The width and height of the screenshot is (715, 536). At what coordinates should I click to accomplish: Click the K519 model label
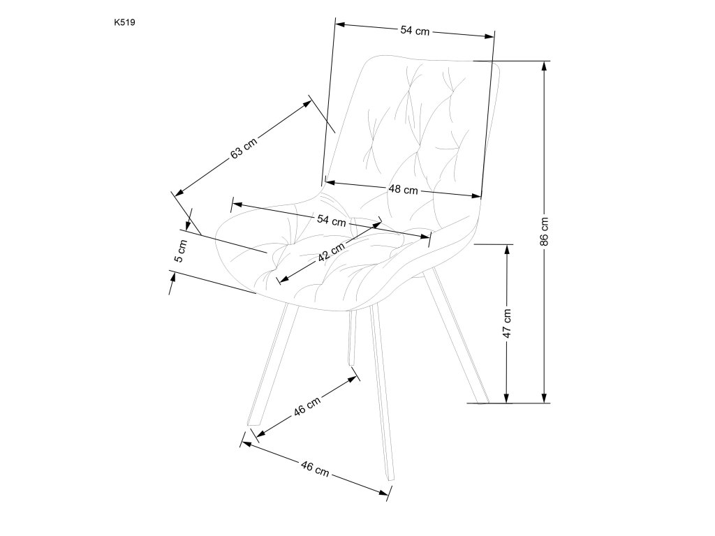(x=125, y=22)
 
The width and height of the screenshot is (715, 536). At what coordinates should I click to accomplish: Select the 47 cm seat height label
(x=508, y=323)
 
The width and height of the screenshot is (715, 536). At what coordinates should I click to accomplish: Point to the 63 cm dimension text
(x=244, y=148)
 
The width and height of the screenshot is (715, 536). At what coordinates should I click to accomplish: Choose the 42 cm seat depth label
(x=331, y=251)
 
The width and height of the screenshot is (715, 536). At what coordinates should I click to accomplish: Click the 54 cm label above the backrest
(x=414, y=31)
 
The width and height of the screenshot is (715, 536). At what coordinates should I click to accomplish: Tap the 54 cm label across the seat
(x=332, y=221)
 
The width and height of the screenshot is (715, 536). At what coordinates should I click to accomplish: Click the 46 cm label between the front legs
(x=307, y=406)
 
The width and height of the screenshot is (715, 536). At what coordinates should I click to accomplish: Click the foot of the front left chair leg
(x=253, y=425)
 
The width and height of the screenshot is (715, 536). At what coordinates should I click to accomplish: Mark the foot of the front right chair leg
(x=390, y=479)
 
